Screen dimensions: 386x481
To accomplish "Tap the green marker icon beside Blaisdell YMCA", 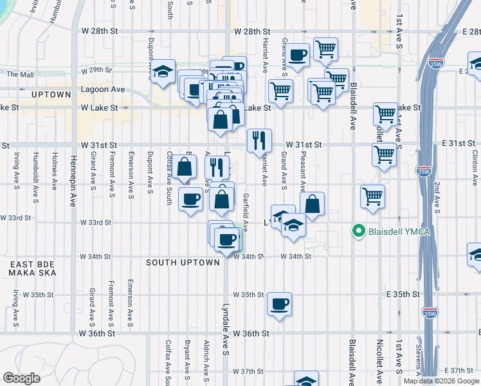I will click(359, 230).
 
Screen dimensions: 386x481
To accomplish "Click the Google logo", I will click(22, 378).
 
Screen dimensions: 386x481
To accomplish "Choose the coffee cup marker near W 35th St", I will click(279, 304).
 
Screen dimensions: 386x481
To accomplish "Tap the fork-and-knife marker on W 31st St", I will click(260, 140).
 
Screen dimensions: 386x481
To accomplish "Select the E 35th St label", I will click(403, 294).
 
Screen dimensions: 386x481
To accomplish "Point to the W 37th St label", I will click(249, 372).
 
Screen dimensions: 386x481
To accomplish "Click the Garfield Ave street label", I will click(246, 212).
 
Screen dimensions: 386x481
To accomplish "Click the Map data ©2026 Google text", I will click(441, 381).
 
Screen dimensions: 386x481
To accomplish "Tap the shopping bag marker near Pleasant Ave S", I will click(312, 205).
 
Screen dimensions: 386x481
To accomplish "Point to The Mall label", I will click(19, 74).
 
